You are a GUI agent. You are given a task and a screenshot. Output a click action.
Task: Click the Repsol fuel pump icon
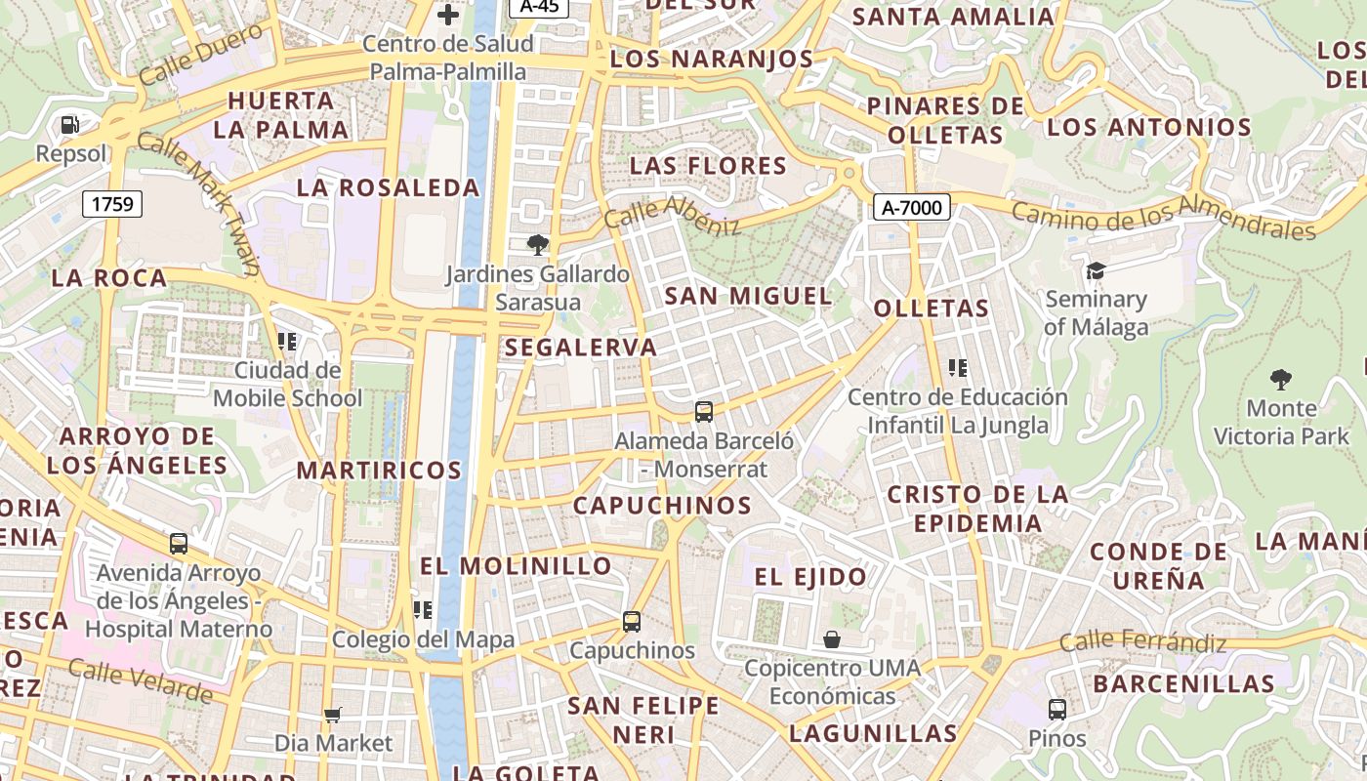tap(69, 124)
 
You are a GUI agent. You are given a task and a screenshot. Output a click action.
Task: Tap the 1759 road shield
tap(112, 204)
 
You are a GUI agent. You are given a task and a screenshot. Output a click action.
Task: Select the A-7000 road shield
tap(911, 207)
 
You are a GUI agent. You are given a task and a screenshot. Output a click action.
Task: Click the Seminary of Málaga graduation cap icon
tap(1096, 270)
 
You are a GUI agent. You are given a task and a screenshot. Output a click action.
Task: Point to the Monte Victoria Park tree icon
tap(1280, 379)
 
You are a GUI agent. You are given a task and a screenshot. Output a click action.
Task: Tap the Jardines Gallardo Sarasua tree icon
tap(537, 244)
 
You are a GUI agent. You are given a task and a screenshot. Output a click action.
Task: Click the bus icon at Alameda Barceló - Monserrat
tap(703, 412)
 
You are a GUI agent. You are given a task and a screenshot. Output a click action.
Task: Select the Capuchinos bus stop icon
tap(632, 621)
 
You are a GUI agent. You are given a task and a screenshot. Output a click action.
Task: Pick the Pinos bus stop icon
tap(1056, 710)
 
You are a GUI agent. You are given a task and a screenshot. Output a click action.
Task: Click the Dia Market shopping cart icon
tap(332, 715)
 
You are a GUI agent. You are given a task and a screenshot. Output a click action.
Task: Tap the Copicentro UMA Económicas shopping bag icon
tap(832, 639)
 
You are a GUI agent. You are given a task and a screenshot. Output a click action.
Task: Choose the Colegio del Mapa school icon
tap(423, 610)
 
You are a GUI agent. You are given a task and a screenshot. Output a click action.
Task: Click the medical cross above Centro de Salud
tap(448, 14)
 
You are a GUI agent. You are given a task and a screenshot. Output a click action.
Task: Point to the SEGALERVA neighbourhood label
tap(581, 348)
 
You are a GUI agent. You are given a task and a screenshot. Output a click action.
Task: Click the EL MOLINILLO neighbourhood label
tap(516, 566)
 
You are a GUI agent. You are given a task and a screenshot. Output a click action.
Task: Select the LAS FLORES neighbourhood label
tap(708, 166)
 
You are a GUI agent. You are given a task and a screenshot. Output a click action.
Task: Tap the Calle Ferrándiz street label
tap(1142, 642)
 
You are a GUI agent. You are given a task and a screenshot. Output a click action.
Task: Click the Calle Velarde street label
tap(141, 679)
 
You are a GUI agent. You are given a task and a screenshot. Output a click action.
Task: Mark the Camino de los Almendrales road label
tap(1163, 216)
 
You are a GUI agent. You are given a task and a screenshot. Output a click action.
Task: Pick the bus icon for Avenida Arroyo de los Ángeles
tap(179, 544)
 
